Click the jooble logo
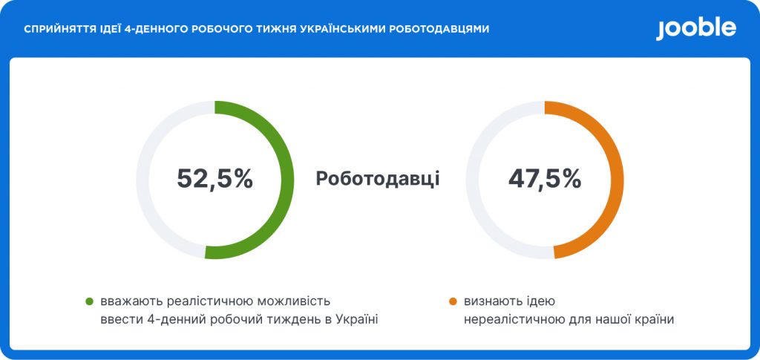pos(696,29)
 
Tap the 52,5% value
pos(214,179)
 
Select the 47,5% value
pos(545,179)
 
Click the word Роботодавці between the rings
pos(378,179)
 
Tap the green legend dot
pos(89,301)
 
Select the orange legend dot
pos(453,301)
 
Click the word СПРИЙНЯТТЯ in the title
pos(52,30)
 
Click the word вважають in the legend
pos(132,301)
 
